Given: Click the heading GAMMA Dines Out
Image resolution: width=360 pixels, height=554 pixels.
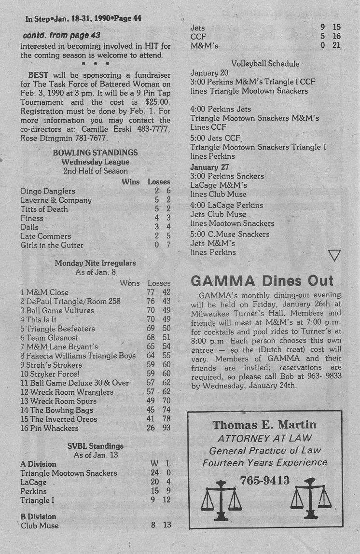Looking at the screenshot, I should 262,280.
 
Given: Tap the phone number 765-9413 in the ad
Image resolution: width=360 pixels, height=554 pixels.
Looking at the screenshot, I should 264,480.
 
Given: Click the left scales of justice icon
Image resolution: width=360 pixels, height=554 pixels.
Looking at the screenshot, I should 222,499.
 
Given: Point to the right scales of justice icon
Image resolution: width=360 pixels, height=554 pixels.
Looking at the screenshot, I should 310,499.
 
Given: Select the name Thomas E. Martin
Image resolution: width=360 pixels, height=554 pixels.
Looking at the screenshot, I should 264,425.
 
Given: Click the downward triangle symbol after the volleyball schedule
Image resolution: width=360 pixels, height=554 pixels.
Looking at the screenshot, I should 334,255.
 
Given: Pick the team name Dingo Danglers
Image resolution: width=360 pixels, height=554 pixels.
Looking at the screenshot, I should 48,191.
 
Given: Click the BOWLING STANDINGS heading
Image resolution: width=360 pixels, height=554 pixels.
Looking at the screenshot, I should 95,153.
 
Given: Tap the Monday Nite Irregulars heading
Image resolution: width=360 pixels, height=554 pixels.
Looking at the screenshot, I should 95,263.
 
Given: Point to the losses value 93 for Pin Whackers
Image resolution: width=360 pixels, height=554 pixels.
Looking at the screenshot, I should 166,428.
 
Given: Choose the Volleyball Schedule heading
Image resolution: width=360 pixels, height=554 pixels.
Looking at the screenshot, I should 265,64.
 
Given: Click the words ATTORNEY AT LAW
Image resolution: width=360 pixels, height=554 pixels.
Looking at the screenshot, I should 264,438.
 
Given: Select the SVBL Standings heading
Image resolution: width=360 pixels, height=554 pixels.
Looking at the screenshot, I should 95,446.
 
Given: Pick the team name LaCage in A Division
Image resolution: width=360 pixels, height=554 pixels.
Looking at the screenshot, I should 33,482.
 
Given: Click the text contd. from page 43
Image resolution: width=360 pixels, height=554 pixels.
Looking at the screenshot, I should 61,35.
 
